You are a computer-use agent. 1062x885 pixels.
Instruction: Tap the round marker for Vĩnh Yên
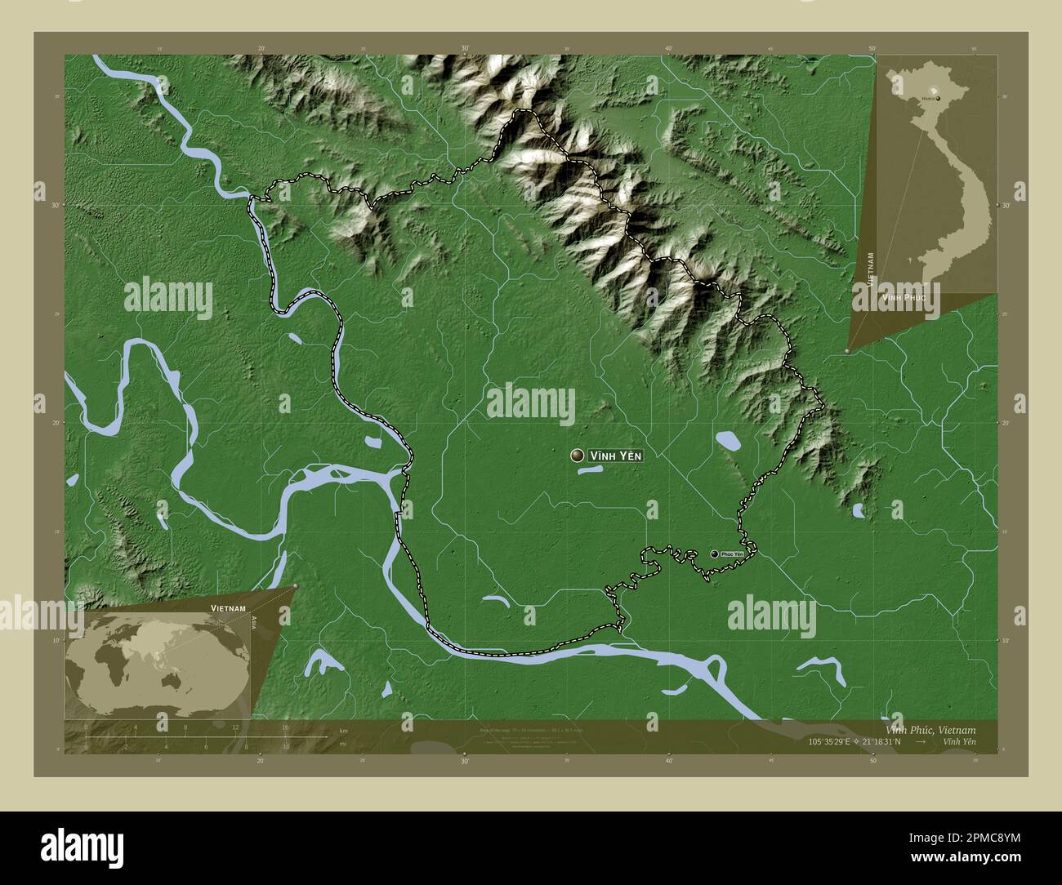578,456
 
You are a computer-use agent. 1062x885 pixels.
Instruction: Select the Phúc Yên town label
733,554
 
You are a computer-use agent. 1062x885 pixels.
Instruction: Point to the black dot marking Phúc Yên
715,554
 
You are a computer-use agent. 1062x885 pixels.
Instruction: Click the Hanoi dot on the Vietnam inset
938,98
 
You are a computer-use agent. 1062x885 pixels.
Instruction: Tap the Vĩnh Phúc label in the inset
904,299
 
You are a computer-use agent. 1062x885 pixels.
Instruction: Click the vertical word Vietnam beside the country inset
872,267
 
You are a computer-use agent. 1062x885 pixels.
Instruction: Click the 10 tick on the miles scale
285,746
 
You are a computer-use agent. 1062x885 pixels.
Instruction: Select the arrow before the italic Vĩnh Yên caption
921,742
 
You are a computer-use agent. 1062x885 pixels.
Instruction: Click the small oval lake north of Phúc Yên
727,442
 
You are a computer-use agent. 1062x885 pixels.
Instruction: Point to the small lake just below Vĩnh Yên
590,470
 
